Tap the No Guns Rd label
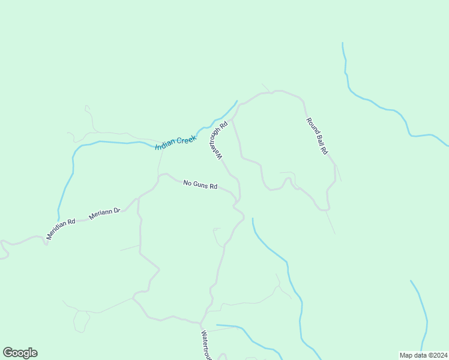200,185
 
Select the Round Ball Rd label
316,137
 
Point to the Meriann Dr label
104,214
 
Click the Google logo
20,353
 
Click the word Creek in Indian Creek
187,140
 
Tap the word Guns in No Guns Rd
200,185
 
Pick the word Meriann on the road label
100,215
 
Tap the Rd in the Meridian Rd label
71,221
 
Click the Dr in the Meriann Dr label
117,211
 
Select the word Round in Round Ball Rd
312,126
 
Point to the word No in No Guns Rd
187,182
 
